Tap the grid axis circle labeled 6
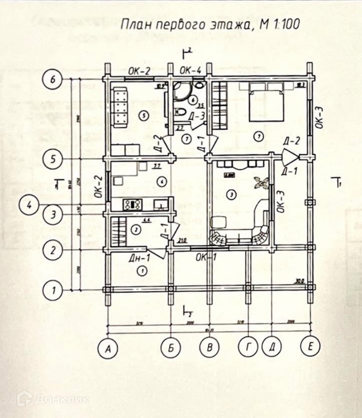[54, 80]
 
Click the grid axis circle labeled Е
[310, 347]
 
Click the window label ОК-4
[190, 70]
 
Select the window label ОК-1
[206, 256]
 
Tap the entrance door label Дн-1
[139, 258]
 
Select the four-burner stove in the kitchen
[133, 204]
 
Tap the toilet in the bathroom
[179, 112]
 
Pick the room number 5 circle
[141, 116]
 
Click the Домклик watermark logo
[53, 399]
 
